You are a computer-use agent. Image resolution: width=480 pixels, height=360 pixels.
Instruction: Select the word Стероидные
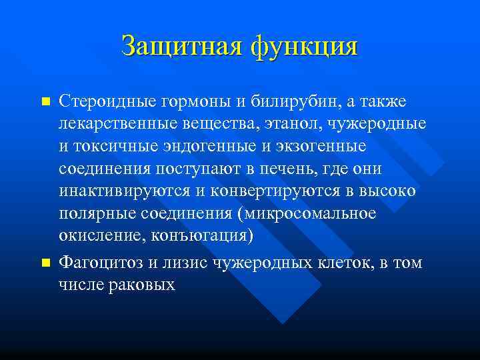pos(107,101)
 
